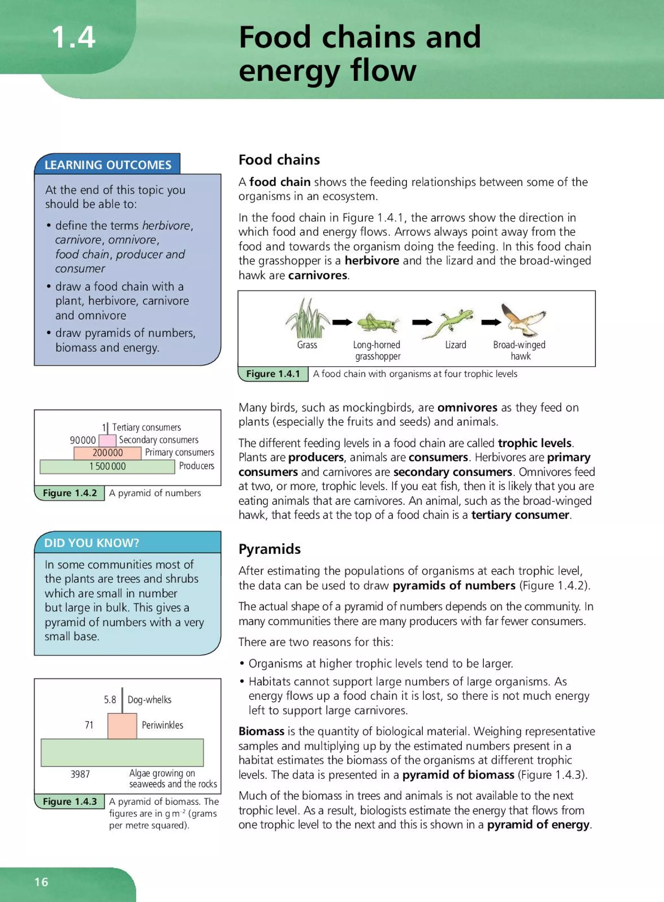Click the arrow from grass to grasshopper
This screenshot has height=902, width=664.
342,322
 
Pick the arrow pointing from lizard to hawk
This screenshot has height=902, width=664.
491,322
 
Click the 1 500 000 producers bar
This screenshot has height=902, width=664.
107,466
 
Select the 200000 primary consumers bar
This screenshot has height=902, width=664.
107,453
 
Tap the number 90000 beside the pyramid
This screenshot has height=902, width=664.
83,440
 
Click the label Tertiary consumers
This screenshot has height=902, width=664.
146,427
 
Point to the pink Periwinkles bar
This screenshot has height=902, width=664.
122,726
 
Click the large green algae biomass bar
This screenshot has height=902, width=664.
122,753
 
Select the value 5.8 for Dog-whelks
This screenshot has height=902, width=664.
110,700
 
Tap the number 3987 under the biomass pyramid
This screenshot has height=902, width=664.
80,774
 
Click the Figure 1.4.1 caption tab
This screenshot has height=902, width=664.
273,374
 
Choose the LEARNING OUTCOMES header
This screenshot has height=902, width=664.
108,165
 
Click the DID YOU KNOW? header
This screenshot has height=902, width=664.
92,543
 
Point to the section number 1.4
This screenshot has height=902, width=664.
74,37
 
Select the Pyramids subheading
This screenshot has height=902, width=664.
269,549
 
